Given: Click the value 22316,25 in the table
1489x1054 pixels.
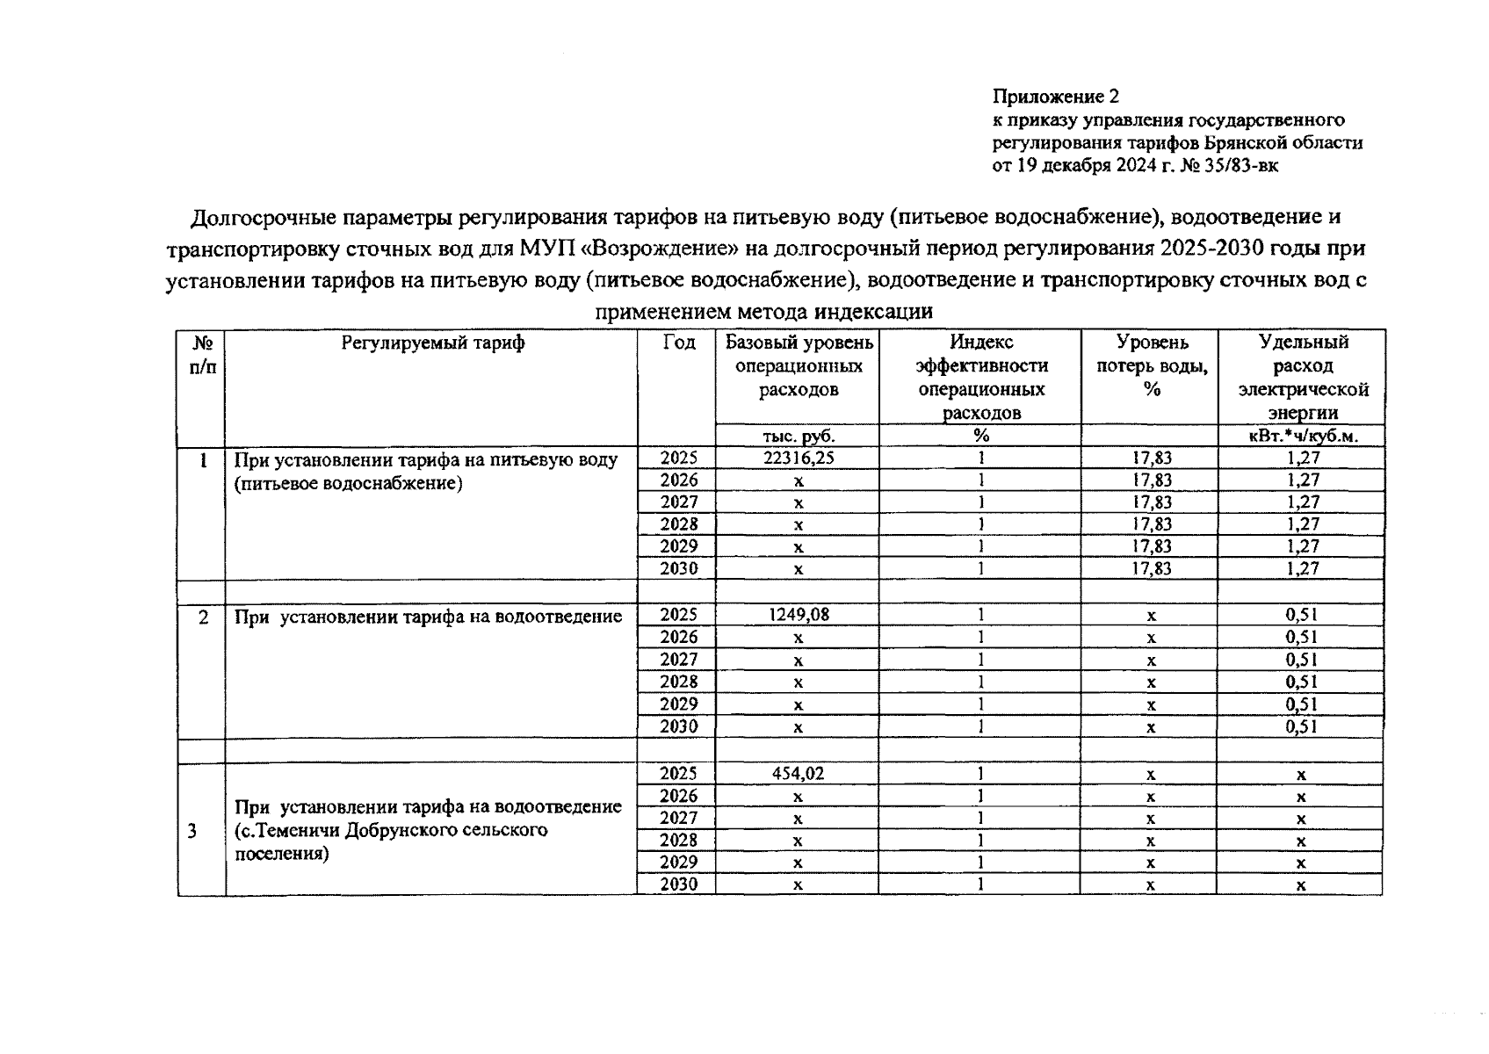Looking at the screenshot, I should point(798,458).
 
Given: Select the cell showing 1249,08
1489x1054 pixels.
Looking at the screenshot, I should point(798,615).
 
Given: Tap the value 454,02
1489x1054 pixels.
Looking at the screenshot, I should point(798,774).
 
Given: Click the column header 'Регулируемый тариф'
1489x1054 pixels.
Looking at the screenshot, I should point(432,343).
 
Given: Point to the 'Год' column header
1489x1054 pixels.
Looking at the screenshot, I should point(678,343).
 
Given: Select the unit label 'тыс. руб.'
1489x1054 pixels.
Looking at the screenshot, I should point(798,436).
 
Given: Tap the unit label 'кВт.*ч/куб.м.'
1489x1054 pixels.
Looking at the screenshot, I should point(1303,436).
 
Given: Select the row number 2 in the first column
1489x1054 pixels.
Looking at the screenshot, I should point(203,617).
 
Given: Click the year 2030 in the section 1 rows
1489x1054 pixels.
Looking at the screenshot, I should point(678,569).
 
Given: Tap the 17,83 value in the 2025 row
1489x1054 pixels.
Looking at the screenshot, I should point(1151,458).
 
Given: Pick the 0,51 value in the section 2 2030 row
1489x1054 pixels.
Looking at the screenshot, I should point(1302,726).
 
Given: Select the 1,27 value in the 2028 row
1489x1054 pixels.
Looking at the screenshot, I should point(1303,524).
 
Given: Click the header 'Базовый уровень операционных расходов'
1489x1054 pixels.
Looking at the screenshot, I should point(798,365).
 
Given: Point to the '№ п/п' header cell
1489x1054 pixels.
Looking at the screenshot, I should point(203,354).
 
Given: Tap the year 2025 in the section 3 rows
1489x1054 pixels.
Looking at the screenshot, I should point(678,774).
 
